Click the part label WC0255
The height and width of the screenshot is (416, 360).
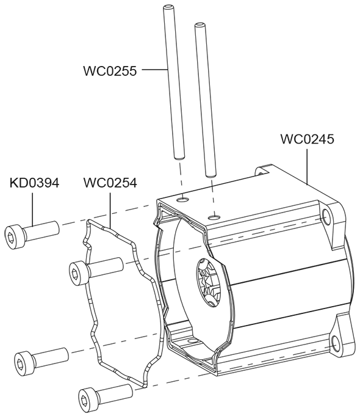[x=110, y=71]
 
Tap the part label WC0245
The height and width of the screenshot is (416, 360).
[x=308, y=139]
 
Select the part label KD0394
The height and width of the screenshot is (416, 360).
[x=34, y=183]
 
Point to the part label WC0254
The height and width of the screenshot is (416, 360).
[x=110, y=183]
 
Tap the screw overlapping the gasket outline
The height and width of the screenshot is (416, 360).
[x=96, y=269]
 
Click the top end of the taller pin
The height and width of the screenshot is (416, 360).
[x=168, y=6]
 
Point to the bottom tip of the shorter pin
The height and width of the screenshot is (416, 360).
[x=211, y=175]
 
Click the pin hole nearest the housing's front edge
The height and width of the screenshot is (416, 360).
[x=215, y=217]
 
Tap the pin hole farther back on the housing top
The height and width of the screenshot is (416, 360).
[x=183, y=199]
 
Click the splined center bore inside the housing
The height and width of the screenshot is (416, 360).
[x=209, y=283]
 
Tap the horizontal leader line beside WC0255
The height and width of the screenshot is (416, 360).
[x=155, y=70]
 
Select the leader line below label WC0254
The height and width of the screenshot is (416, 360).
[x=110, y=210]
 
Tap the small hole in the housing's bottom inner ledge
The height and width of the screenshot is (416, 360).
[x=190, y=340]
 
